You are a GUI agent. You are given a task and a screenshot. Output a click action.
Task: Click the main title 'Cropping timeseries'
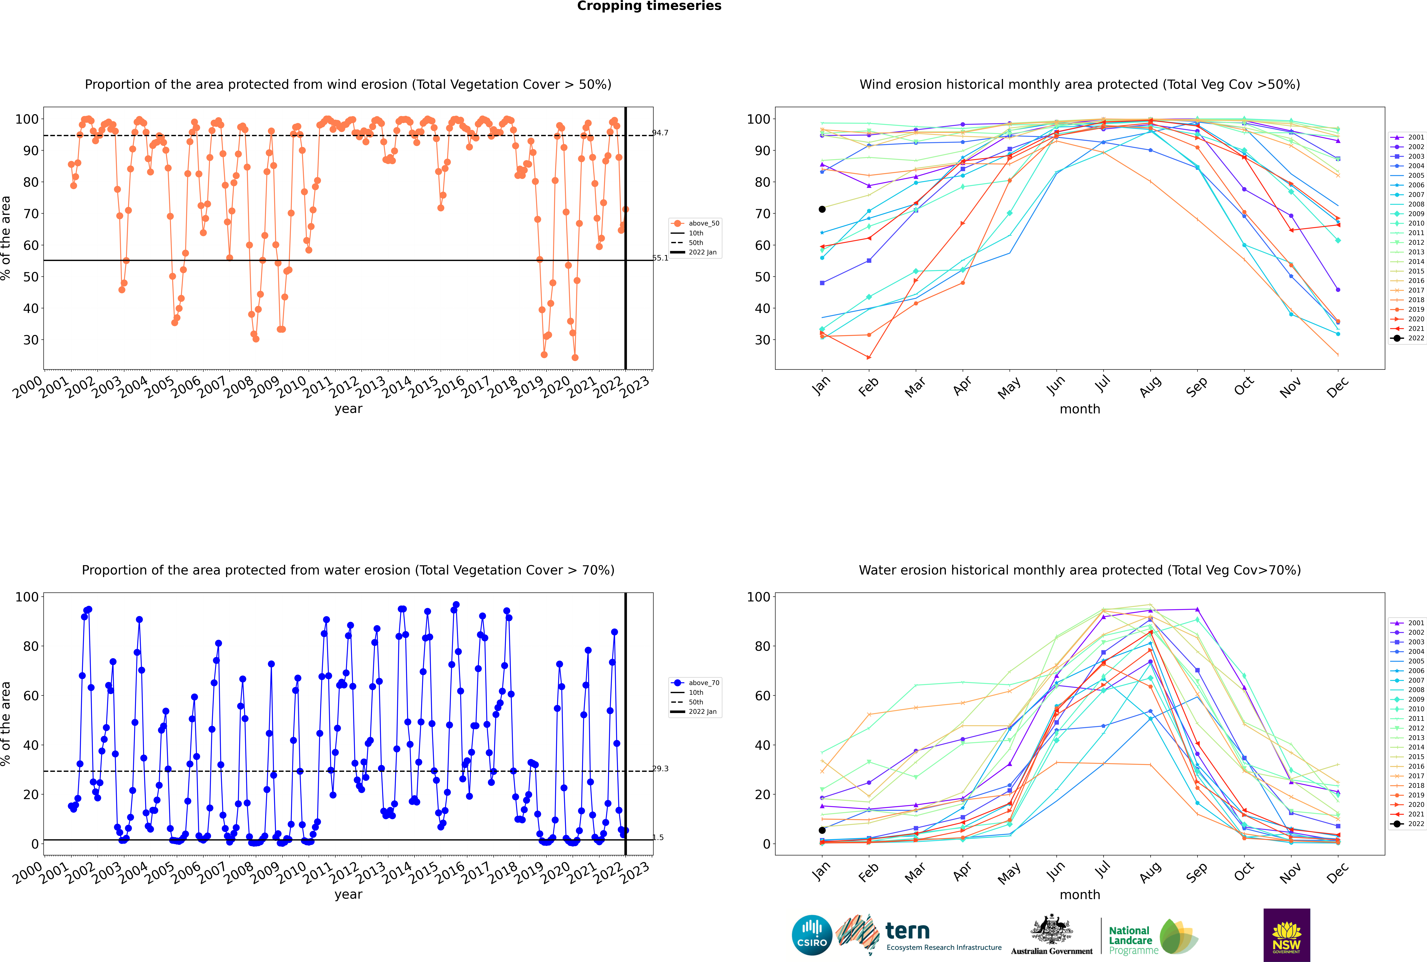649,6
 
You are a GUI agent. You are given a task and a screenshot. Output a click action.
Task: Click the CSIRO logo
812,935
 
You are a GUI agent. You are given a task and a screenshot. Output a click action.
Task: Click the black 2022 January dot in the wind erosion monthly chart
822,209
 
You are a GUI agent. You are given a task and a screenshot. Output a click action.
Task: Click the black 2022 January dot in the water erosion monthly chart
822,830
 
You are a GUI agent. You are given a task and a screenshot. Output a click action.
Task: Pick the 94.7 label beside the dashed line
660,132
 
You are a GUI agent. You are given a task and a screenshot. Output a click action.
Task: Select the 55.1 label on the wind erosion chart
660,258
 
